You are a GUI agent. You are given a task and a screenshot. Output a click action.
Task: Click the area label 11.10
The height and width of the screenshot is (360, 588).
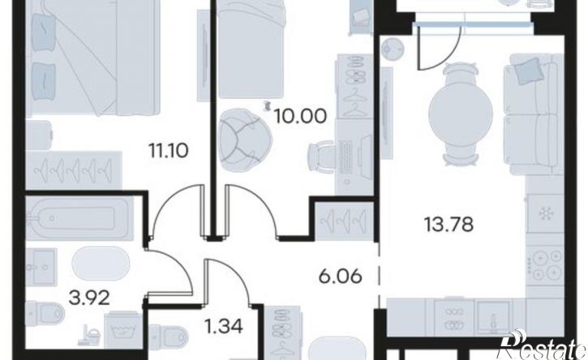tap(169, 151)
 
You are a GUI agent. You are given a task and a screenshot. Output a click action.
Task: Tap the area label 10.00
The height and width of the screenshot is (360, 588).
tap(300, 116)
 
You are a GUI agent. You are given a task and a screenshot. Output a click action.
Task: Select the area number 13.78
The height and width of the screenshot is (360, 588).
tap(449, 225)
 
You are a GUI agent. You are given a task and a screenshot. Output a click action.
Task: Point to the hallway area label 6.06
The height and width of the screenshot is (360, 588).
tap(340, 276)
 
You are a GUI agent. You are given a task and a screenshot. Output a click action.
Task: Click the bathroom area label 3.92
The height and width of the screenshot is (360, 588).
tap(89, 298)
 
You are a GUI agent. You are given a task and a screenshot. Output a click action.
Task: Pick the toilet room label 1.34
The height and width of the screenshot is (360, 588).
tap(224, 325)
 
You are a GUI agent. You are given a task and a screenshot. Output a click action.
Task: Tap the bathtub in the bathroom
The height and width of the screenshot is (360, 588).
tap(79, 218)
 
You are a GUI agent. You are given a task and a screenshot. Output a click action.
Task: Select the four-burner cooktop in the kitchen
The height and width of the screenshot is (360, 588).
tap(545, 264)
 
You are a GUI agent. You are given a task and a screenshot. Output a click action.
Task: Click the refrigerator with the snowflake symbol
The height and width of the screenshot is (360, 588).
tap(545, 214)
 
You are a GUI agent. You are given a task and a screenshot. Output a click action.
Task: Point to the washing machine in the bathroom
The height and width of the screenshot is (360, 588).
tap(122, 330)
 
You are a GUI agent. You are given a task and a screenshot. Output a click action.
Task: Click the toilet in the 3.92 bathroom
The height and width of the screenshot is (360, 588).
tap(45, 313)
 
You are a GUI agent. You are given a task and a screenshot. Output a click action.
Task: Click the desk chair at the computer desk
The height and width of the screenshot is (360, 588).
tap(322, 156)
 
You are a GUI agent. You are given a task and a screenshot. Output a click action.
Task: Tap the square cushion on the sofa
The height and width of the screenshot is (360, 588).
tap(530, 72)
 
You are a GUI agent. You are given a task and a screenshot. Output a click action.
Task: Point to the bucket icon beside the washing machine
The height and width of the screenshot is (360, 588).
tap(90, 335)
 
